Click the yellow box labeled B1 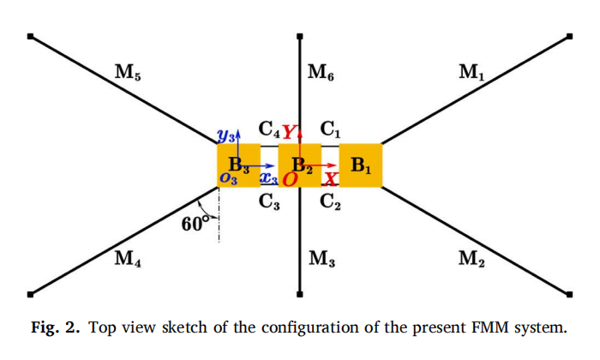[361, 165]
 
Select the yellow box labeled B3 [238, 165]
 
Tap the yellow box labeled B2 [300, 165]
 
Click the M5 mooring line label [128, 72]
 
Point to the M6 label [321, 72]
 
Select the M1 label [471, 72]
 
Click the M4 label [128, 259]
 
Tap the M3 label [321, 259]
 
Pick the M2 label [471, 259]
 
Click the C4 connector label [269, 129]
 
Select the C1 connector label [330, 129]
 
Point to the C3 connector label [269, 201]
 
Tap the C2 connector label [330, 201]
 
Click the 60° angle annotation [195, 224]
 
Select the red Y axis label [290, 132]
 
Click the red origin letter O [290, 179]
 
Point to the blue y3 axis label [225, 135]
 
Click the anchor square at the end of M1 [569, 36]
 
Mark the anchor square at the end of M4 [30, 294]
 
